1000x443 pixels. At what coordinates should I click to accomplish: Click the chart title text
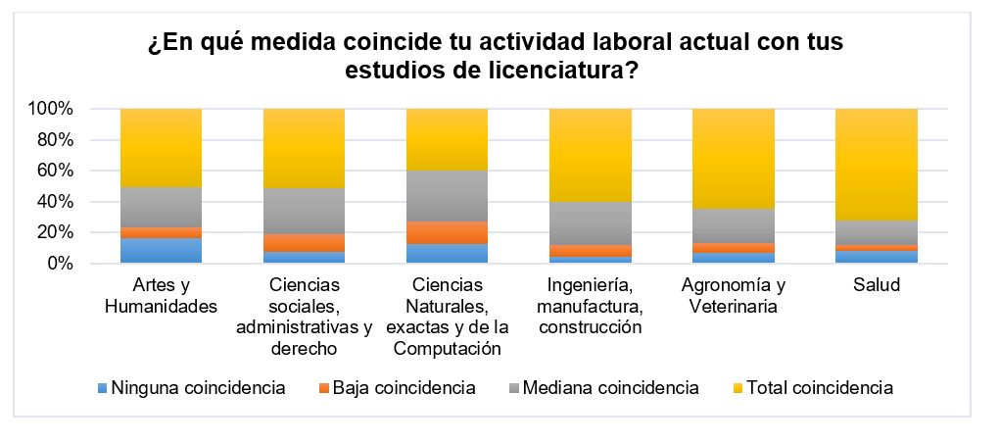[495, 58]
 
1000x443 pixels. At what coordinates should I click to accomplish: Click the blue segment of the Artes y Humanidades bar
[161, 251]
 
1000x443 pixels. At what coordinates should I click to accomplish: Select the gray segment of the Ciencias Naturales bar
[447, 196]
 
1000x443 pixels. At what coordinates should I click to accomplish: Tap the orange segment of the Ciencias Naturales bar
[447, 232]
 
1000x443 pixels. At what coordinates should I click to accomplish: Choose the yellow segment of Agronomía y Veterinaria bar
[733, 158]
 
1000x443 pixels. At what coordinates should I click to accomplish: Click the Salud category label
[876, 285]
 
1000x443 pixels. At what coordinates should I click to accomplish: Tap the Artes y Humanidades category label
[161, 295]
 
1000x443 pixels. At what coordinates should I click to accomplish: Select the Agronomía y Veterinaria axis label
[733, 295]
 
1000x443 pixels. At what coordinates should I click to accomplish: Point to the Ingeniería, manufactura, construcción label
[590, 306]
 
